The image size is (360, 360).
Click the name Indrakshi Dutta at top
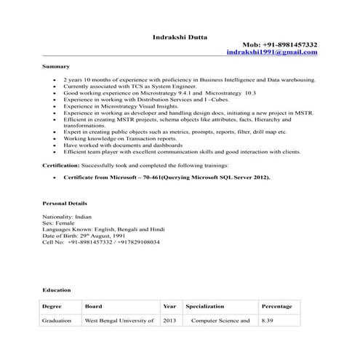point(179,35)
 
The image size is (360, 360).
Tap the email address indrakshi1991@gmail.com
point(272,53)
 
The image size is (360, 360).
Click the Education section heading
point(56,289)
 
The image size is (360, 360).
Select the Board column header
point(93,306)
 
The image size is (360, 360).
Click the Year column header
point(170,306)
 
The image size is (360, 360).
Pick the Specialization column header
point(205,306)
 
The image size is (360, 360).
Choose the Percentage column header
point(276,306)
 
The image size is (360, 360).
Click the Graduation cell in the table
point(57,320)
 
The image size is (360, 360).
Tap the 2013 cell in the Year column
point(169,320)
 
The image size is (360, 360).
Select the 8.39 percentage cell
point(268,320)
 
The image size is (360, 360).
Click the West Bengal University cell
point(120,320)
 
